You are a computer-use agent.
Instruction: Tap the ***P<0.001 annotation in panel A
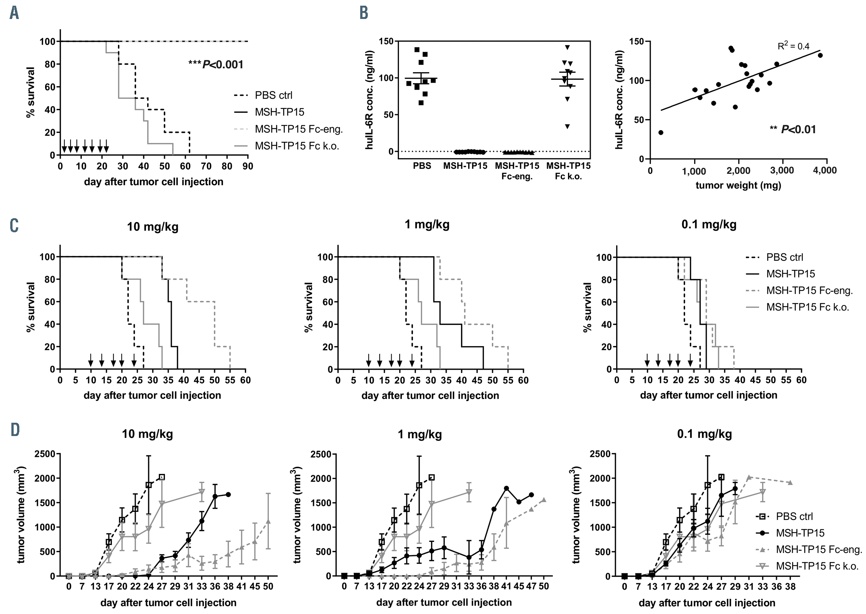(x=216, y=65)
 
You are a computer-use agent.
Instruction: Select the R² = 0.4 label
(x=793, y=46)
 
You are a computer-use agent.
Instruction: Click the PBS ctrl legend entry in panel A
(x=273, y=95)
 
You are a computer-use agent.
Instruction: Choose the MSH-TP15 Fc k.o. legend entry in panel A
(x=297, y=146)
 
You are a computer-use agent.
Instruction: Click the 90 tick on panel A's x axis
(x=248, y=166)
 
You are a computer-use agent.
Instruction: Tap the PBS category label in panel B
(x=422, y=166)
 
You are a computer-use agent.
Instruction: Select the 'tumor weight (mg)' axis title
(x=738, y=186)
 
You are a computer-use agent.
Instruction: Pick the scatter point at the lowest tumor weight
(x=660, y=132)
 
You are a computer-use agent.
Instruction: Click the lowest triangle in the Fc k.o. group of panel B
(x=567, y=127)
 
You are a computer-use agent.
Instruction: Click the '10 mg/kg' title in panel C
(x=152, y=227)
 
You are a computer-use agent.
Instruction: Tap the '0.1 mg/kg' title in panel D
(x=704, y=434)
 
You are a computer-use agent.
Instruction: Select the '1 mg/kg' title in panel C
(x=427, y=224)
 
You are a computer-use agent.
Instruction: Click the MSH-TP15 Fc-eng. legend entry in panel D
(x=819, y=549)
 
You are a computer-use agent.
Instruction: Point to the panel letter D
(x=15, y=430)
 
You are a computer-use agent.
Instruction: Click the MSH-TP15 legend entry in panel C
(x=791, y=274)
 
